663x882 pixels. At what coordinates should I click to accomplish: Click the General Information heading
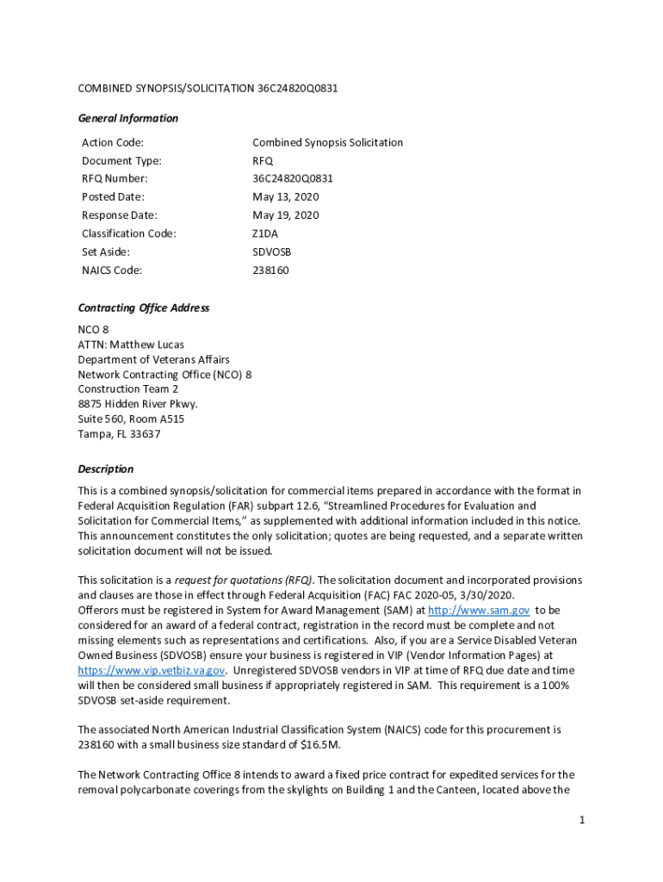point(128,118)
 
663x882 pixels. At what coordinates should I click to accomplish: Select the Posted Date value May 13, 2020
point(285,197)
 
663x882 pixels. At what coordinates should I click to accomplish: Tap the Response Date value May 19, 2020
point(285,215)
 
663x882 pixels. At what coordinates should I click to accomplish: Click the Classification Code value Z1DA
point(265,233)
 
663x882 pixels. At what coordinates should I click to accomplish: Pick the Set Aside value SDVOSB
point(272,252)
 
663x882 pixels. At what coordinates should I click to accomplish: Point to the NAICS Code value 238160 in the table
point(270,270)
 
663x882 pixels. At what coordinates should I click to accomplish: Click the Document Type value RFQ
point(263,161)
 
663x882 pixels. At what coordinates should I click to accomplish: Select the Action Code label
point(113,143)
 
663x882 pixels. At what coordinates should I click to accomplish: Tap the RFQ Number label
point(115,179)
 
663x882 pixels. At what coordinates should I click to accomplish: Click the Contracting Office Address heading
point(144,308)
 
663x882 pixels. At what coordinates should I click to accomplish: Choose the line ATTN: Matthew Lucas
point(131,345)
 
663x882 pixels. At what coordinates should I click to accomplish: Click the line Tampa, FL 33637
point(119,434)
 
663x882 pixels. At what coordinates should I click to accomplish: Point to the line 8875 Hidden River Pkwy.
point(138,404)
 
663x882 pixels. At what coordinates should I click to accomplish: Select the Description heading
point(106,469)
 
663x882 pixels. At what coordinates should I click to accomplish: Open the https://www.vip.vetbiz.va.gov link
point(152,670)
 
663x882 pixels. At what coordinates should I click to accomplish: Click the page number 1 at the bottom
point(582,820)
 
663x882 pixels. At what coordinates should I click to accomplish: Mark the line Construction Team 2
point(128,389)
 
